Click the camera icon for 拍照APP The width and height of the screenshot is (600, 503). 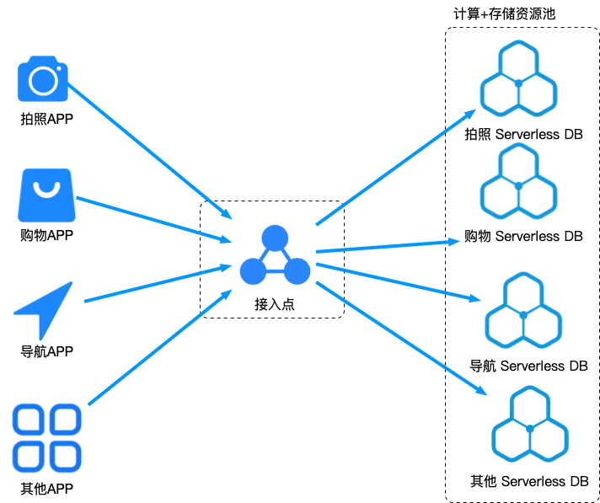point(43,79)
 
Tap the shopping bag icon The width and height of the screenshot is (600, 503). point(46,195)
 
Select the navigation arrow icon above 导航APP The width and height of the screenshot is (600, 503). point(43,311)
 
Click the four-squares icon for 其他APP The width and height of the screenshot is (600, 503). point(46,438)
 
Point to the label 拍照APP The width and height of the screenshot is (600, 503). point(46,119)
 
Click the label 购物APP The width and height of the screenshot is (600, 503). point(46,235)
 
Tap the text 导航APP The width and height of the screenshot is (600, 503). point(46,351)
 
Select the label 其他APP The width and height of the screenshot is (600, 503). point(46,489)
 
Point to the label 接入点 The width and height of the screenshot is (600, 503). point(275,304)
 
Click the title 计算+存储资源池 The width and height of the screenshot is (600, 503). point(504,13)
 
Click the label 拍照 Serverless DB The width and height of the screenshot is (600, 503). point(523,134)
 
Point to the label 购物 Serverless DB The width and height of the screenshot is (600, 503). point(523,236)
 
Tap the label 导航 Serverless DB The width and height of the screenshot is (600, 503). point(528,366)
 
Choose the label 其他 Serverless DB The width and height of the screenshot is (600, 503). point(529,481)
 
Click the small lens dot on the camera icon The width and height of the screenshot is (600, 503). point(59,68)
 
